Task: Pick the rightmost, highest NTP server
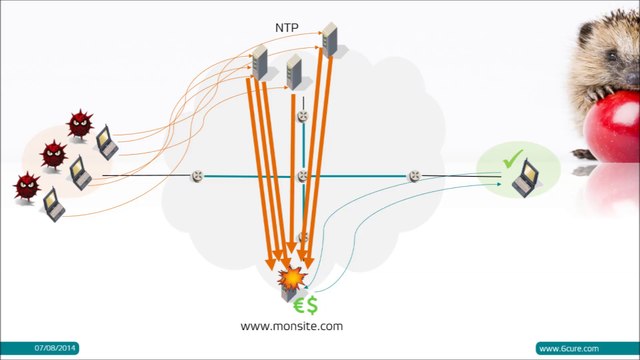point(329,39)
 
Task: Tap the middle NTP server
point(294,71)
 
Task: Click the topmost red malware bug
point(80,124)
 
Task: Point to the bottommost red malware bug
point(26,185)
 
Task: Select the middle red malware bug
point(53,154)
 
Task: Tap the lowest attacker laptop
point(53,205)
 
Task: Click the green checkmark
point(513,158)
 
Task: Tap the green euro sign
point(297,304)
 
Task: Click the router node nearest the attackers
point(198,177)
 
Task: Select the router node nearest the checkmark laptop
point(414,177)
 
